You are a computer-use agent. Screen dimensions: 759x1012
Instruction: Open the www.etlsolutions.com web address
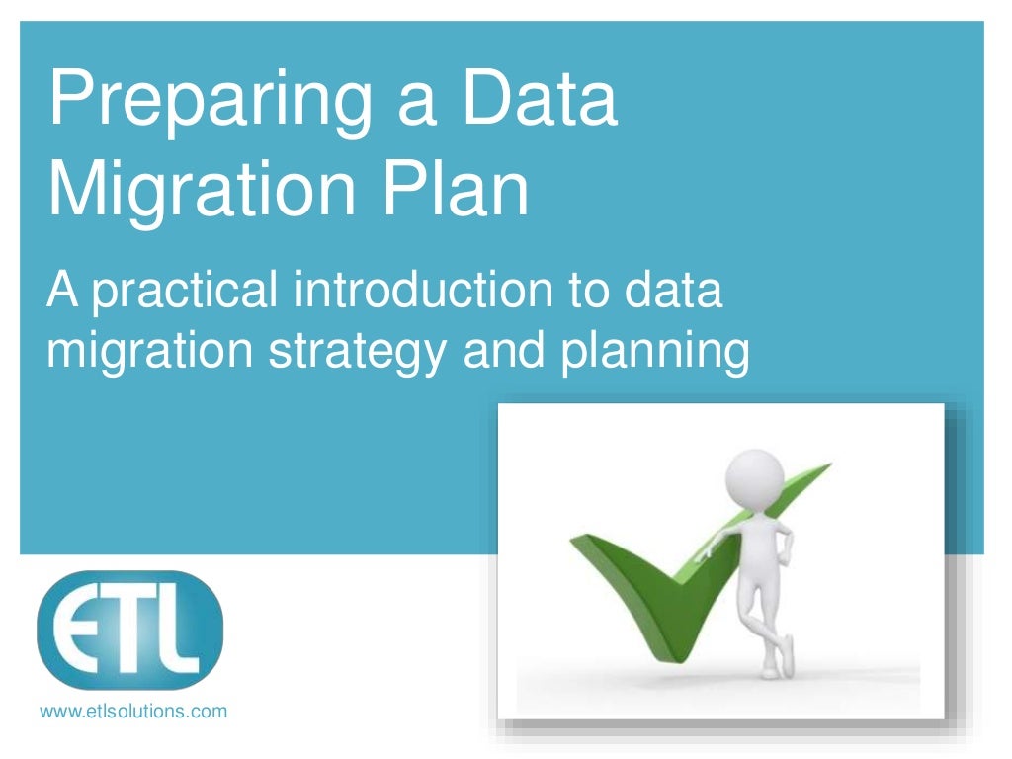click(132, 710)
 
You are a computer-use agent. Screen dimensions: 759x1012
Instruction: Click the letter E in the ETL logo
click(80, 631)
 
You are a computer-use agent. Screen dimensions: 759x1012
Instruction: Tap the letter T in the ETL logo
click(131, 630)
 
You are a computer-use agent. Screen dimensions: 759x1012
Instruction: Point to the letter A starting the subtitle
click(62, 293)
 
